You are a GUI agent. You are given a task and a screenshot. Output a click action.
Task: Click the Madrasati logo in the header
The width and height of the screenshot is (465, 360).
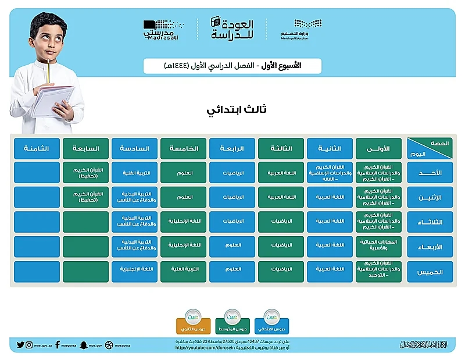[x=161, y=30]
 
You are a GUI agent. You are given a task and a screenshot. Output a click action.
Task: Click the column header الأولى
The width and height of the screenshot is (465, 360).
[x=378, y=148]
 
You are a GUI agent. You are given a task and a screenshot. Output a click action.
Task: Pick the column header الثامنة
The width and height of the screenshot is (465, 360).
[x=37, y=148]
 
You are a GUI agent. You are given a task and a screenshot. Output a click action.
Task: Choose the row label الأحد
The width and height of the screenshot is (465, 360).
[x=430, y=173]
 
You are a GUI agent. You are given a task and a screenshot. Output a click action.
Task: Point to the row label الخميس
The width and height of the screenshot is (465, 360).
[x=430, y=272]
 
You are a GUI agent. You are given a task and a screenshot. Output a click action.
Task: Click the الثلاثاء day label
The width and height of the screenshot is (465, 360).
[x=430, y=222]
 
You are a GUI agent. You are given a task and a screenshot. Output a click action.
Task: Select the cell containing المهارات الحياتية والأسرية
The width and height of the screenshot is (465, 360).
[x=378, y=247]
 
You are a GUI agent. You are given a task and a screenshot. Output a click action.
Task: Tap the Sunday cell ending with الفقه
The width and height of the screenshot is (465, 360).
[x=330, y=173]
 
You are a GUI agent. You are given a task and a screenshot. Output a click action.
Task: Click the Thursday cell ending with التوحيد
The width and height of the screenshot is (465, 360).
[x=378, y=272]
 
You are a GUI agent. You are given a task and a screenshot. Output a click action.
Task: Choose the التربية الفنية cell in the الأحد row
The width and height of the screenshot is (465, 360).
[x=134, y=173]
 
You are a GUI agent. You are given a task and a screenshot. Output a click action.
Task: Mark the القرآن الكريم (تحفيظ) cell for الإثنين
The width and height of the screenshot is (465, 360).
[x=86, y=197]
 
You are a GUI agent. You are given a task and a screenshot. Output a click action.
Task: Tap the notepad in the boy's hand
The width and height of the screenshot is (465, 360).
[x=52, y=102]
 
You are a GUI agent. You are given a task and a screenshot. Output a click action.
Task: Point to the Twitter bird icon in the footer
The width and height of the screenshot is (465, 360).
[x=21, y=345]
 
